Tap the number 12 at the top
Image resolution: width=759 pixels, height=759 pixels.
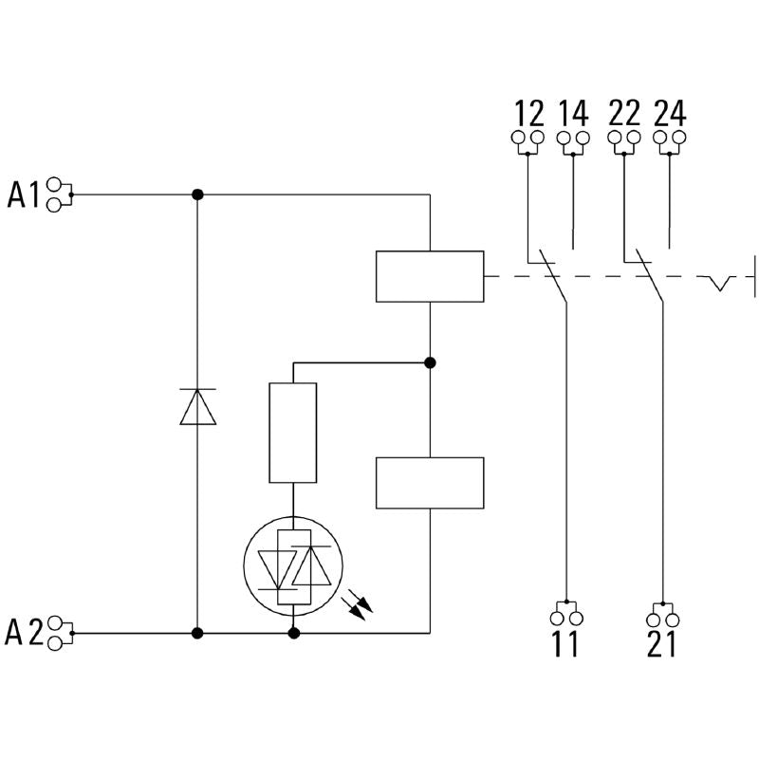(x=528, y=113)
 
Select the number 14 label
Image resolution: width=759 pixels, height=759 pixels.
(x=573, y=113)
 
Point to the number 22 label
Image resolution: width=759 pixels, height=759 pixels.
(x=624, y=113)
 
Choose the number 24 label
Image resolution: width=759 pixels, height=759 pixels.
(x=670, y=113)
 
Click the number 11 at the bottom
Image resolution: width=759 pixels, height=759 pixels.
(x=565, y=645)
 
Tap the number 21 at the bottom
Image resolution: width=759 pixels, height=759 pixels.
(x=661, y=645)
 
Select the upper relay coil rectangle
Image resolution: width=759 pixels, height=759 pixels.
(x=430, y=276)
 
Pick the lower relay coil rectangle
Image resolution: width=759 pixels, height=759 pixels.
(x=430, y=483)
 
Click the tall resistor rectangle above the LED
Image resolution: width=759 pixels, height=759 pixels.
(x=293, y=433)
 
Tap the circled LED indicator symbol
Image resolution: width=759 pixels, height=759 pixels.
(x=293, y=567)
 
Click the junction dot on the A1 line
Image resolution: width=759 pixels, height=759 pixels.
(x=197, y=194)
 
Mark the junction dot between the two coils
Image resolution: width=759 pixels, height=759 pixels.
(x=430, y=362)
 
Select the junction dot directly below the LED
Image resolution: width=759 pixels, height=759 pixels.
(x=293, y=633)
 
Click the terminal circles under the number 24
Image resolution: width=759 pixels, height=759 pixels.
(x=670, y=139)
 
